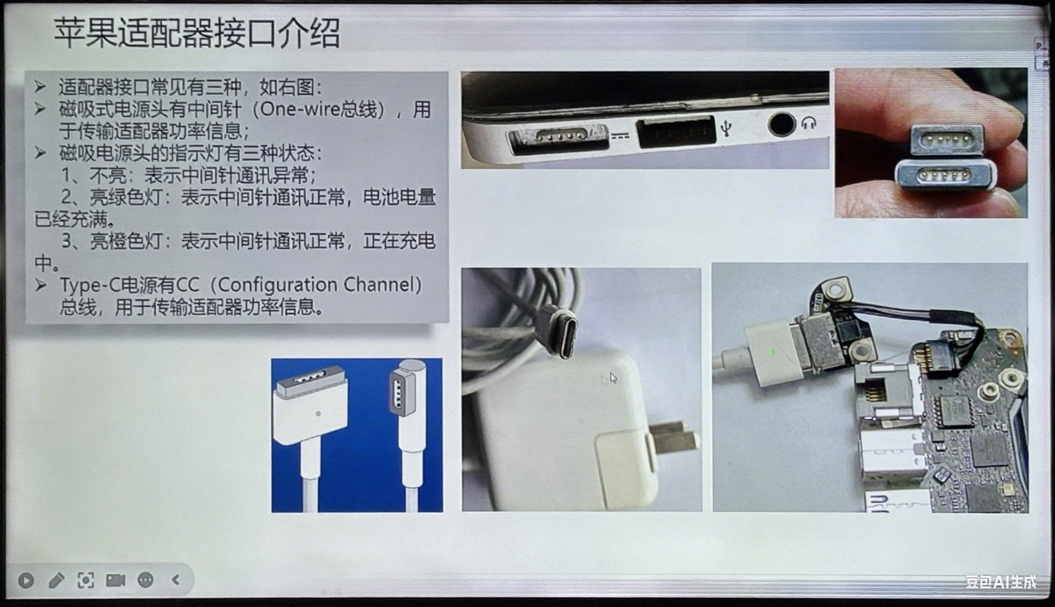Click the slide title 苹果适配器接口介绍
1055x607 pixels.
click(197, 33)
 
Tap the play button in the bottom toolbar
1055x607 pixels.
click(26, 580)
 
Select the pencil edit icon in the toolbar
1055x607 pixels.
click(56, 580)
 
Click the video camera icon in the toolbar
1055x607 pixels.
click(115, 580)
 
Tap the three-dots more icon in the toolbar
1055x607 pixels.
click(146, 580)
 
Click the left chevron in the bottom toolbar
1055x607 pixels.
click(176, 580)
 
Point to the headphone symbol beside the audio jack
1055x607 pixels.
click(809, 123)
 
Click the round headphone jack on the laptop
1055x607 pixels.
click(781, 125)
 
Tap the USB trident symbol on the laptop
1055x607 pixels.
click(726, 127)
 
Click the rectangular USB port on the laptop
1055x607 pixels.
click(676, 132)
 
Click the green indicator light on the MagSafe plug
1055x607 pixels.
click(772, 352)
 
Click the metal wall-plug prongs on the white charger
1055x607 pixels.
click(673, 438)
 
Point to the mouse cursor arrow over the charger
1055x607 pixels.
click(613, 378)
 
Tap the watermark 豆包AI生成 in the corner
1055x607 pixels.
click(1001, 582)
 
